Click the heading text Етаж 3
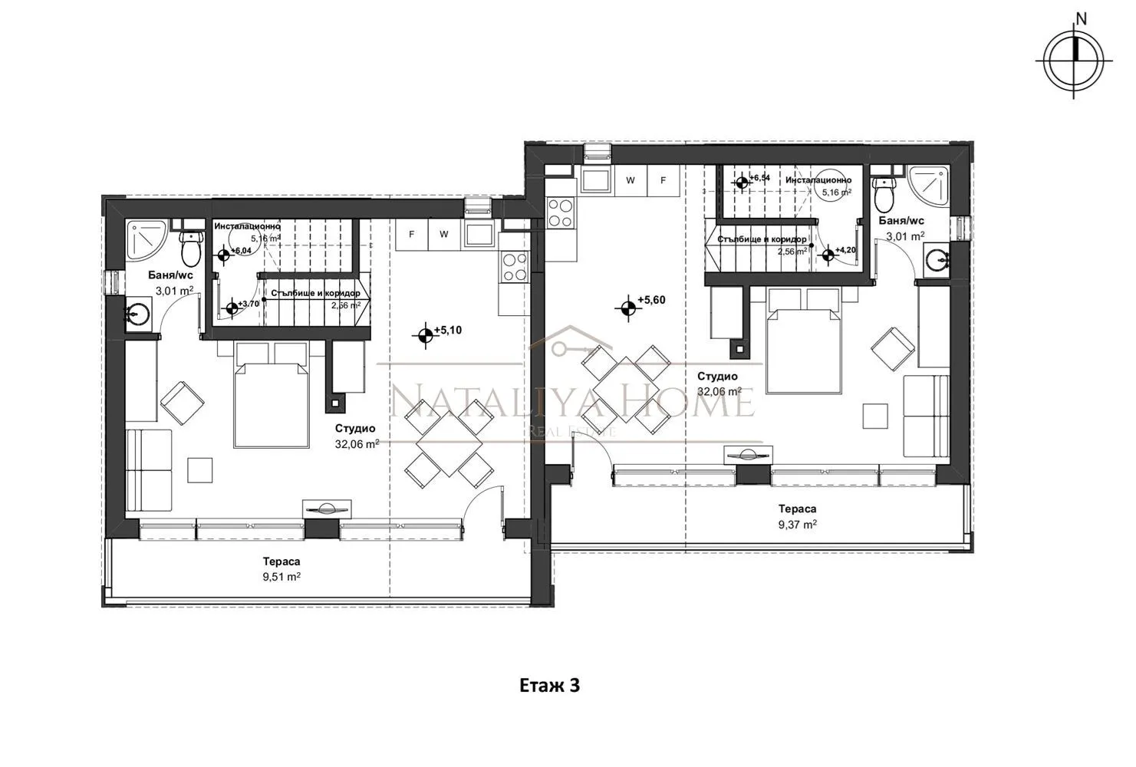[x=549, y=685]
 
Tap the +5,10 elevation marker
[x=423, y=334]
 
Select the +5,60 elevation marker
[x=628, y=307]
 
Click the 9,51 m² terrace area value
[x=280, y=577]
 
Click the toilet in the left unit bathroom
[x=190, y=246]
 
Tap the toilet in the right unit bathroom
[x=884, y=196]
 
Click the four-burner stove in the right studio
[x=561, y=212]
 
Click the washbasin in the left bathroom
[x=139, y=314]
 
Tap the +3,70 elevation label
[x=248, y=304]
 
